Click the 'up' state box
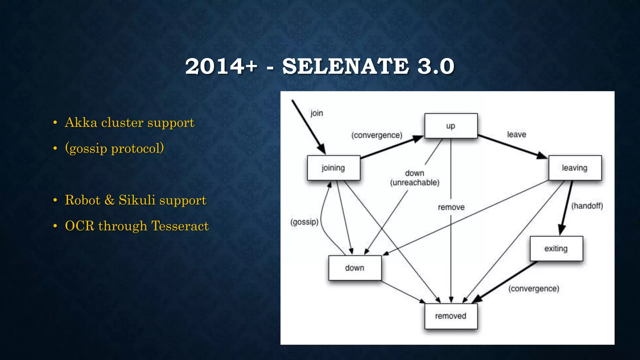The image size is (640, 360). [x=451, y=126]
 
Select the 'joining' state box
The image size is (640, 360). [x=333, y=168]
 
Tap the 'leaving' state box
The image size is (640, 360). [x=575, y=168]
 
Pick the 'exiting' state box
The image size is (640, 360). [x=556, y=248]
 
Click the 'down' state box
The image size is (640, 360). [x=355, y=268]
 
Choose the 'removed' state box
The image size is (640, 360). [x=451, y=316]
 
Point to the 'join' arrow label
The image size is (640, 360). [x=317, y=113]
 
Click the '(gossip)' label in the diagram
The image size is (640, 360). [x=304, y=222]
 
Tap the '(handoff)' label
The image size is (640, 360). [x=587, y=206]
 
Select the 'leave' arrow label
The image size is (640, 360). [x=516, y=134]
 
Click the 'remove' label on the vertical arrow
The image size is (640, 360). [x=451, y=207]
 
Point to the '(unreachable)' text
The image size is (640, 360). [x=415, y=182]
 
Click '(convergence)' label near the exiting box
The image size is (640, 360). [x=533, y=288]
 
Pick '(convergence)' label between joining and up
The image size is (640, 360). [x=377, y=135]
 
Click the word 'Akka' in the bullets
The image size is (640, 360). [x=81, y=122]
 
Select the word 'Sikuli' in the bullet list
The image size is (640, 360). [x=137, y=200]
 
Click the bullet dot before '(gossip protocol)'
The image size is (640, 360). [x=55, y=148]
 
